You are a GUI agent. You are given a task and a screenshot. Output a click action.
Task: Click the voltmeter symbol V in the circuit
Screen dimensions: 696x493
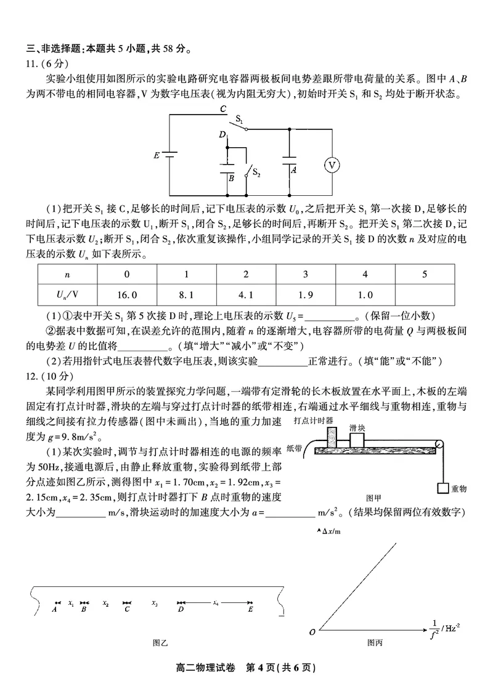pyautogui.click(x=332, y=164)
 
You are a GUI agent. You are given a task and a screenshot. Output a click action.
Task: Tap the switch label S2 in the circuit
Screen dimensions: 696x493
pyautogui.click(x=256, y=174)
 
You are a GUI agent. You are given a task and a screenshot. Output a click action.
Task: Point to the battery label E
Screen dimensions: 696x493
pyautogui.click(x=155, y=155)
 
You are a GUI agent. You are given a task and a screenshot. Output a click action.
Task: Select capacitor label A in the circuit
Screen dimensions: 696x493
pyautogui.click(x=294, y=169)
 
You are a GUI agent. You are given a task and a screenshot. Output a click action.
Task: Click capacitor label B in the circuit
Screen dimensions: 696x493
pyautogui.click(x=231, y=177)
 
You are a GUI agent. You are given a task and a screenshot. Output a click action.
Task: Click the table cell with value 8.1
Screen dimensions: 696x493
pyautogui.click(x=186, y=294)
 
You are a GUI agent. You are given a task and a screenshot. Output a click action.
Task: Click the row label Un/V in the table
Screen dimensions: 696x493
pyautogui.click(x=68, y=294)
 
